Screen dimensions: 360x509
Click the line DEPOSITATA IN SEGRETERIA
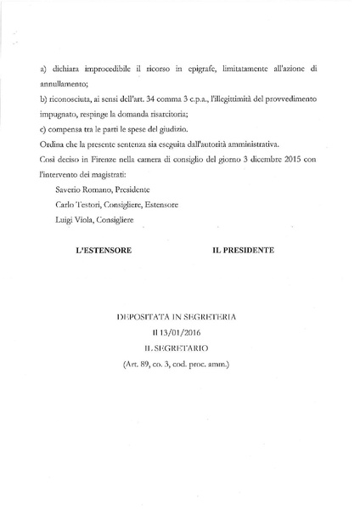tap(180, 317)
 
